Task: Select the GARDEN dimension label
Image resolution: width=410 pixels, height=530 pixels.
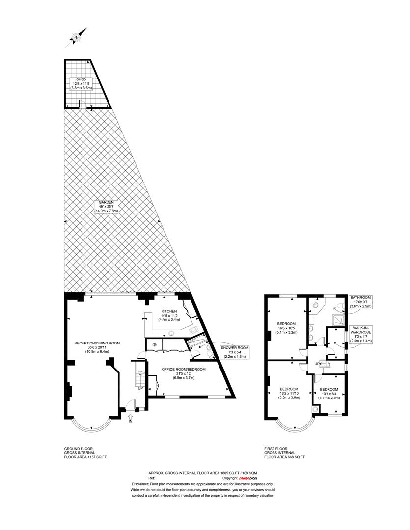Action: [x=106, y=206]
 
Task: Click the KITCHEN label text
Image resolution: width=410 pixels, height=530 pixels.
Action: [x=169, y=315]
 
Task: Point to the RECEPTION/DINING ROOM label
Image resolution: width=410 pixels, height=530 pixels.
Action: [x=97, y=347]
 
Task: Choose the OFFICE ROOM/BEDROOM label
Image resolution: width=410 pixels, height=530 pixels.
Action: [x=183, y=373]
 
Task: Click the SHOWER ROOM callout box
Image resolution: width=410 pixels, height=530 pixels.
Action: [x=235, y=352]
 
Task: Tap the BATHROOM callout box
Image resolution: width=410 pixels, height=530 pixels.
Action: [x=360, y=302]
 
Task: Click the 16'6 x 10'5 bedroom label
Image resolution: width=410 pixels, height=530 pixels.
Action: [x=287, y=327]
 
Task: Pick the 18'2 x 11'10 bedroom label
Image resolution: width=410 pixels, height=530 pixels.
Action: [x=289, y=393]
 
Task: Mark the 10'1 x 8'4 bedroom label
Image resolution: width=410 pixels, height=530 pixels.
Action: [x=329, y=394]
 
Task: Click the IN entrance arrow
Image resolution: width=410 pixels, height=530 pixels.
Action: [x=131, y=419]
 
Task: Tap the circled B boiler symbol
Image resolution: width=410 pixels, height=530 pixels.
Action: [x=155, y=345]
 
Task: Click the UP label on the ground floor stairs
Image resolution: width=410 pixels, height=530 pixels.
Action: [x=140, y=388]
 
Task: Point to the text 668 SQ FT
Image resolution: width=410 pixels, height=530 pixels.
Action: [x=296, y=457]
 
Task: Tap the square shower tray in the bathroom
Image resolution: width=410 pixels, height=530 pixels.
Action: [x=338, y=320]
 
